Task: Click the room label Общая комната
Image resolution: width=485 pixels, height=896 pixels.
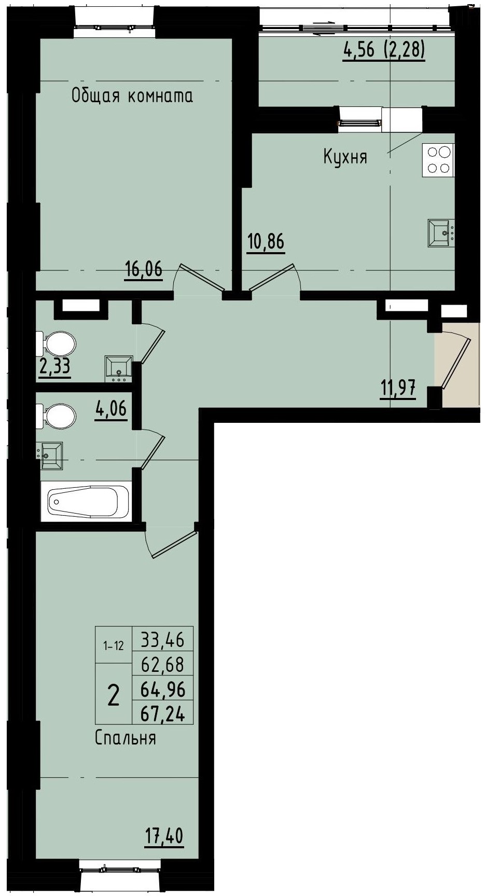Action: (132, 96)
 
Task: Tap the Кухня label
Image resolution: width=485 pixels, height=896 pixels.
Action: (345, 156)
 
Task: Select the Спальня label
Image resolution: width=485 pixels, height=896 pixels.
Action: (125, 737)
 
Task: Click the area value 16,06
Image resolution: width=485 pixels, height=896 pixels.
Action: (144, 269)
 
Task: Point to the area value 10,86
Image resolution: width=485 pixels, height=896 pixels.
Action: (266, 242)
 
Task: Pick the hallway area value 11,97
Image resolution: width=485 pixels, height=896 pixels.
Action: (397, 388)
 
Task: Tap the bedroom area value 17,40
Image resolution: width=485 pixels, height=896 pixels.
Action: (164, 836)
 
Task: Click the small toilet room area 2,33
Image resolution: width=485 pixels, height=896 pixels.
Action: (54, 367)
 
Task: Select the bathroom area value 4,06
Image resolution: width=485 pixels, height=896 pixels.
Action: (110, 409)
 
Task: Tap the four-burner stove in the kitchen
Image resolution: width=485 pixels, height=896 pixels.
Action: (438, 159)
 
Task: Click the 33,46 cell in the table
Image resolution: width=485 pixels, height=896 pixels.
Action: (163, 639)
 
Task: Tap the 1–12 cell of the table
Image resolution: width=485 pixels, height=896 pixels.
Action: (114, 646)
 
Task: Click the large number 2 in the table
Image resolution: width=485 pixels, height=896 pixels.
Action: (113, 695)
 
